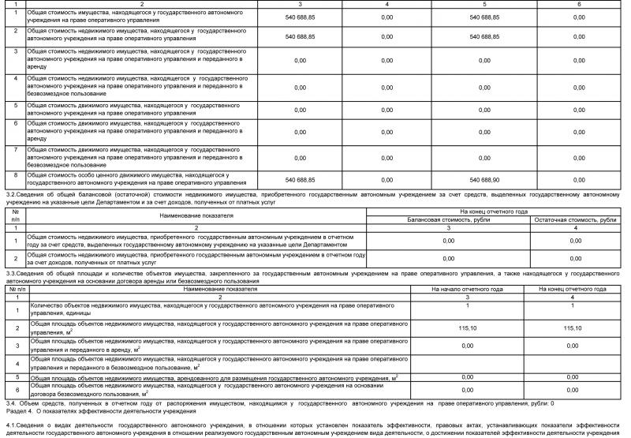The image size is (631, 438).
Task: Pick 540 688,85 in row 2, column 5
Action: (x=480, y=36)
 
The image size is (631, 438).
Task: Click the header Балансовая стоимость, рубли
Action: (x=448, y=220)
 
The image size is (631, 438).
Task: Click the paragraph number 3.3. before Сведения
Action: (x=11, y=273)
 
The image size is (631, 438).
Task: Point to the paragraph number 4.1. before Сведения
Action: (x=11, y=425)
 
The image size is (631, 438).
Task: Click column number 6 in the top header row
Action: (x=579, y=5)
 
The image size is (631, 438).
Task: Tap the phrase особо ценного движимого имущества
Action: (x=113, y=175)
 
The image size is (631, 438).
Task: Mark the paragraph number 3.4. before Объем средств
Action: (x=11, y=403)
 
